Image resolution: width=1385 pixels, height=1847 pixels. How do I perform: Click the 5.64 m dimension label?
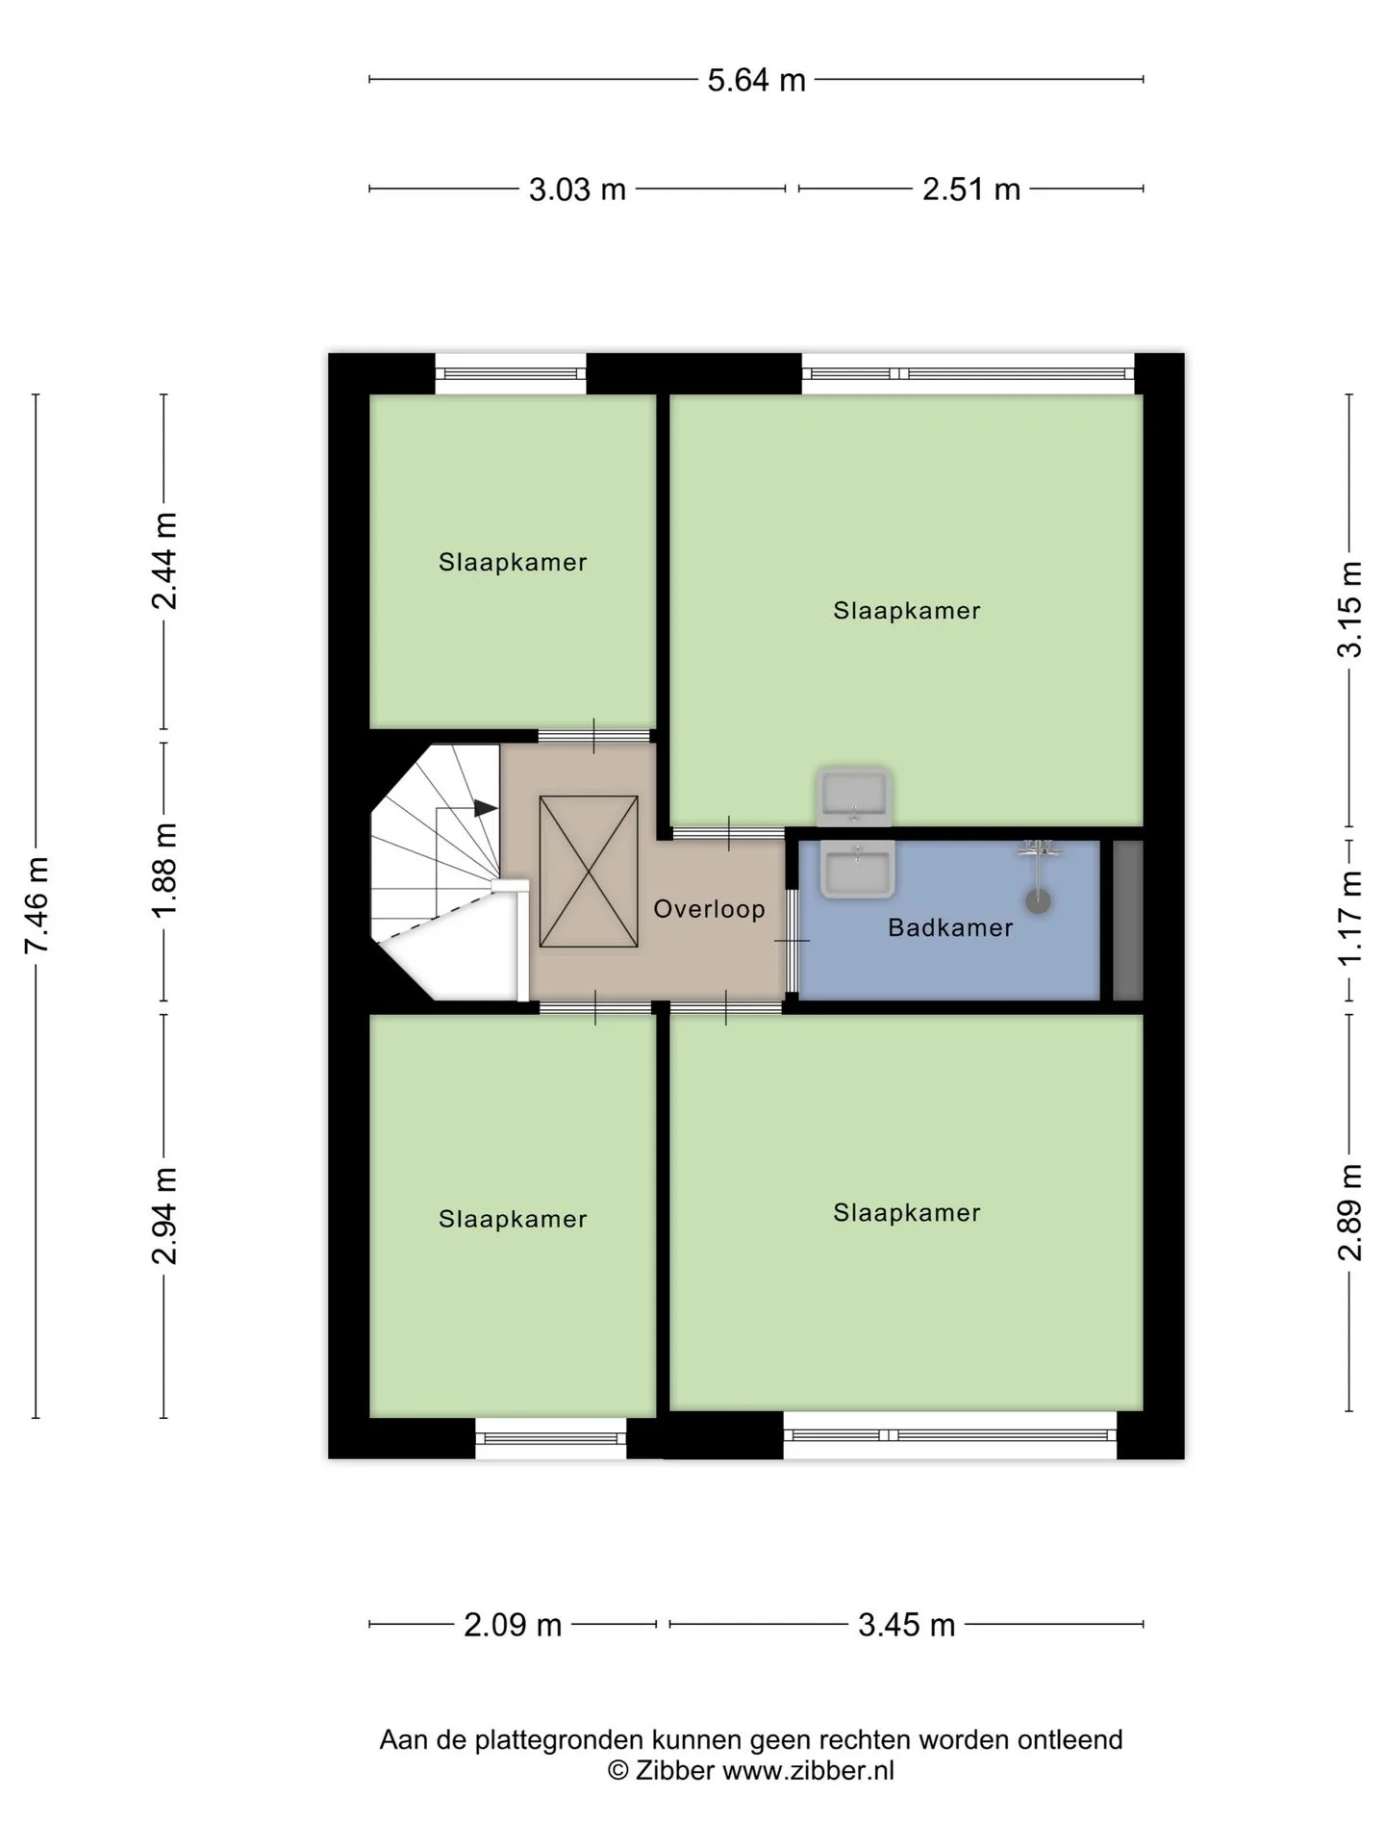tap(756, 80)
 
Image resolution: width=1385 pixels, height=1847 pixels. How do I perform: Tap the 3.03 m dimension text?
tap(577, 190)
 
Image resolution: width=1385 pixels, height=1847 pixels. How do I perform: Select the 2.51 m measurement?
tap(971, 190)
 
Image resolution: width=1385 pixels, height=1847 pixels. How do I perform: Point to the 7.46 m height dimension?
tap(37, 904)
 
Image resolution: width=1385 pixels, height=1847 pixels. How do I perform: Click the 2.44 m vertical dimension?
tap(164, 561)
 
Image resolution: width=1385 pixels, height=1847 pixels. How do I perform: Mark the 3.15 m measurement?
tap(1349, 610)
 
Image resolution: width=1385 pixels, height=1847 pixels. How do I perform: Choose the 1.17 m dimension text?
tap(1349, 919)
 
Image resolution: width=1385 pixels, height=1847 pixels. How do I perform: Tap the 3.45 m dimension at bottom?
tap(906, 1625)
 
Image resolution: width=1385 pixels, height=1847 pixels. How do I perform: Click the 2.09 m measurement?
tap(513, 1625)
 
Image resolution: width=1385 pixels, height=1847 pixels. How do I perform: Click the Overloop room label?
tap(709, 909)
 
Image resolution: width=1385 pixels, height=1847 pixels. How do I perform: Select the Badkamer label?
tap(950, 928)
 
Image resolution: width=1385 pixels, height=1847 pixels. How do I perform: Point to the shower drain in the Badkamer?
tap(1038, 900)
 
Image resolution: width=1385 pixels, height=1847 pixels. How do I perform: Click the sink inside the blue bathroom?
tap(857, 869)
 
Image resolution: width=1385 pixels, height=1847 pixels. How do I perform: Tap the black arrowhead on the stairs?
tap(486, 808)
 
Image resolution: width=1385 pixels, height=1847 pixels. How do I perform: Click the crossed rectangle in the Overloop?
tap(589, 872)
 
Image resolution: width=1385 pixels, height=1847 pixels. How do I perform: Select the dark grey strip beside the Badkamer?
tap(1128, 921)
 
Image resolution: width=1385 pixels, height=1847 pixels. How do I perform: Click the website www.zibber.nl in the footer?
tap(809, 1771)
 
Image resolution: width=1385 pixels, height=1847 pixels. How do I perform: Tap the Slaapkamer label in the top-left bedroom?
tap(513, 563)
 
